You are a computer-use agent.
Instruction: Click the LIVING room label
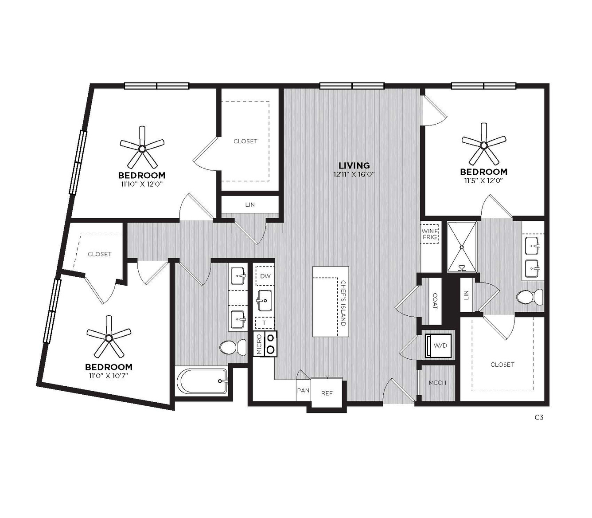[354, 165]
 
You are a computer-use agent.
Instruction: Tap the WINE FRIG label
[430, 234]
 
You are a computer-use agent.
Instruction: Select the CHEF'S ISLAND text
[343, 303]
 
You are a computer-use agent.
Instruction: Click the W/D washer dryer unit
[438, 345]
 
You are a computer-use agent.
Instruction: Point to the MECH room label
[437, 383]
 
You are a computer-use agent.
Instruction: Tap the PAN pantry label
[303, 390]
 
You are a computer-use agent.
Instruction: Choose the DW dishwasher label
[265, 276]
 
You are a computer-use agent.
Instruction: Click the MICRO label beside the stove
[259, 344]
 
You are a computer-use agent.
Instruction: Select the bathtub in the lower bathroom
[202, 381]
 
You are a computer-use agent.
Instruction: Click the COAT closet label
[435, 301]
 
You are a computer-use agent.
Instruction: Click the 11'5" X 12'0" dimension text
[484, 181]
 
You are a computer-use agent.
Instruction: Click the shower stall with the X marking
[462, 247]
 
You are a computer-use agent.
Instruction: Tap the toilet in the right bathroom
[530, 297]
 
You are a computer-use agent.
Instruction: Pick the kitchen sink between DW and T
[264, 300]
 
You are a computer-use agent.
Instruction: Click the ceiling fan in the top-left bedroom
[142, 148]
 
